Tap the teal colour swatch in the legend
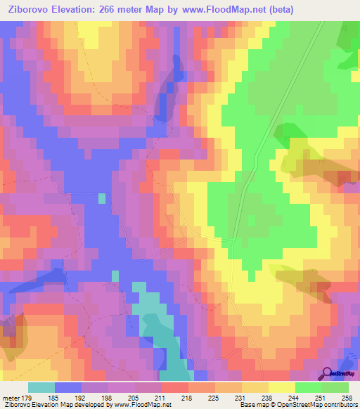click(x=41, y=388)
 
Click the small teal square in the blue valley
click(x=102, y=198)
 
